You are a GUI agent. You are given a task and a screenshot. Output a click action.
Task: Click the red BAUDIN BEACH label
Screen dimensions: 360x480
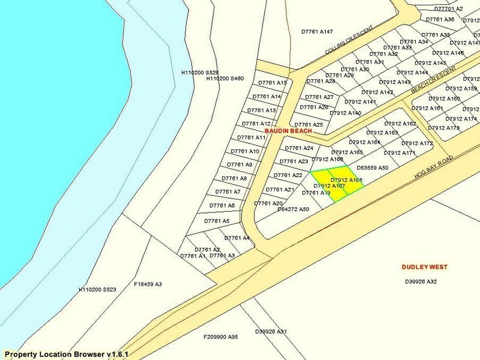[x=289, y=131]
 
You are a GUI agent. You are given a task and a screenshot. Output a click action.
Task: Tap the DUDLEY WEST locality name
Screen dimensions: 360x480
[x=425, y=267]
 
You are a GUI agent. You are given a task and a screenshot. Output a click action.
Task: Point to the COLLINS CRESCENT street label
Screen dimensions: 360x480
[x=349, y=41]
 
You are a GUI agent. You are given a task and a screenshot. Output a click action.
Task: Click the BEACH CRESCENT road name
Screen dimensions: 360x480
[x=434, y=80]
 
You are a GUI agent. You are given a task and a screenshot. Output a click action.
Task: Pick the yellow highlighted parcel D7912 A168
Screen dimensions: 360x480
[x=347, y=180]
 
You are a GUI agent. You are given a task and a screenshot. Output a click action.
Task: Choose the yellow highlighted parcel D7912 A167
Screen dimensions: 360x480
[x=329, y=186]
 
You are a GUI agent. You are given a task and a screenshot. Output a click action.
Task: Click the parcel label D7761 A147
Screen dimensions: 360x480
[x=317, y=31]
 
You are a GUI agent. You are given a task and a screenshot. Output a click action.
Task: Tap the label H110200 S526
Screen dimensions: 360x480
[x=200, y=72]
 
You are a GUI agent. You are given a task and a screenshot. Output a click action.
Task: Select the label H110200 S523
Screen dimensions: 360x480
[x=97, y=289]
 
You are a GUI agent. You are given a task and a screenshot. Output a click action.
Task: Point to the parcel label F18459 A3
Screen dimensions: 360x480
[x=148, y=284]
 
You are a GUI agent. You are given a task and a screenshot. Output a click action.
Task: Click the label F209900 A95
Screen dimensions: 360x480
[x=221, y=337]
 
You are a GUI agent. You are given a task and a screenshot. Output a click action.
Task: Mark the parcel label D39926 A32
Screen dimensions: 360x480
[x=421, y=281]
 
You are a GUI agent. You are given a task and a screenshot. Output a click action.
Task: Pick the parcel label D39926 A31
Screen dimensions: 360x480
[x=271, y=331]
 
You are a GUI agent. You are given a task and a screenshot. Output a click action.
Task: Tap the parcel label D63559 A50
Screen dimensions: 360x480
[x=373, y=168]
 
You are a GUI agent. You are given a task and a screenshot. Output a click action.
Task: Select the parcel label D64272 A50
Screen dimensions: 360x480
[x=293, y=209]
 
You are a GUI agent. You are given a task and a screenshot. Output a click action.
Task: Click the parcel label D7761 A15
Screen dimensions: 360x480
[x=273, y=83]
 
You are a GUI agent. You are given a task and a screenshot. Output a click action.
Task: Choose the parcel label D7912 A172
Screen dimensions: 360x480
[x=417, y=143]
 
